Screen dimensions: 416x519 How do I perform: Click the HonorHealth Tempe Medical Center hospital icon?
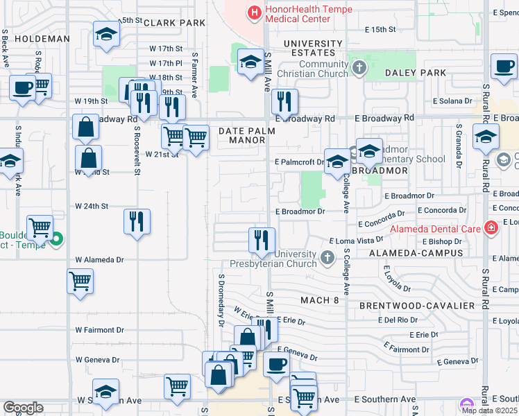pyautogui.click(x=255, y=12)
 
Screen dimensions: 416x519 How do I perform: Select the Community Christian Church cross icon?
pyautogui.click(x=359, y=68)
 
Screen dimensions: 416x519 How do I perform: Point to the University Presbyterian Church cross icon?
pyautogui.click(x=327, y=259)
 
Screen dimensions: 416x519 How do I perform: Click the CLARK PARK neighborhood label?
pyautogui.click(x=174, y=23)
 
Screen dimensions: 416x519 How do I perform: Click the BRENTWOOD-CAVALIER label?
pyautogui.click(x=417, y=306)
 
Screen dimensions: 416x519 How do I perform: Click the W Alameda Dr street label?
pyautogui.click(x=99, y=259)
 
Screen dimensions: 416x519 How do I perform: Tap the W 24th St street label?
pyautogui.click(x=92, y=206)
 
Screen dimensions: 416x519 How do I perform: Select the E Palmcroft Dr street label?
pyautogui.click(x=299, y=162)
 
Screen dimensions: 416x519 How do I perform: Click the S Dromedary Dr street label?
pyautogui.click(x=221, y=300)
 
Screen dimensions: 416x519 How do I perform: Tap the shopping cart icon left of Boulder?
pyautogui.click(x=40, y=227)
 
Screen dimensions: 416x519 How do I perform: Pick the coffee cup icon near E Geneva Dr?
pyautogui.click(x=275, y=364)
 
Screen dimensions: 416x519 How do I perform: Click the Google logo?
pyautogui.click(x=23, y=408)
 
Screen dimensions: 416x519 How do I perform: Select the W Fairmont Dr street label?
pyautogui.click(x=99, y=329)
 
